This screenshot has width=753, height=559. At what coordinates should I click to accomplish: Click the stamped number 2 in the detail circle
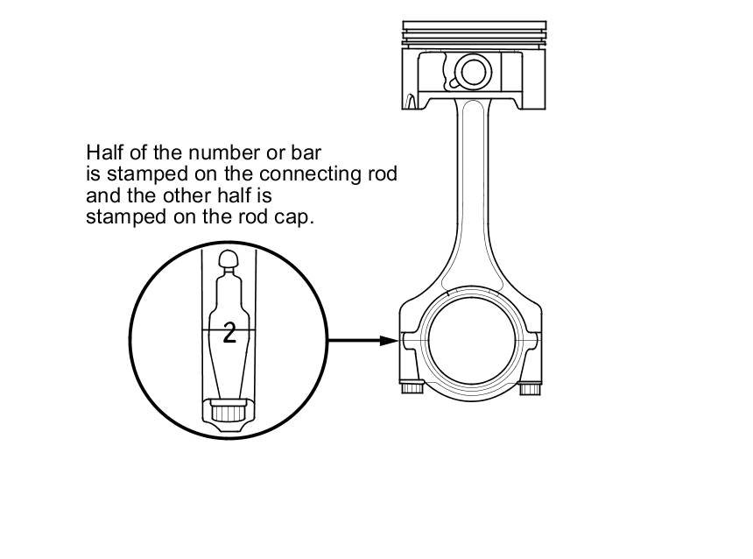coord(229,332)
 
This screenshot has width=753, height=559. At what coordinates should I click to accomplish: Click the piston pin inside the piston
coord(473,73)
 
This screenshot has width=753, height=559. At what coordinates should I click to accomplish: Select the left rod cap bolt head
coord(411,387)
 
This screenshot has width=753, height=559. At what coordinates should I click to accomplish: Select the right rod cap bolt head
coord(531,387)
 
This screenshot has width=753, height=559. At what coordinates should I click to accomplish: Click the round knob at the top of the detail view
coord(229,258)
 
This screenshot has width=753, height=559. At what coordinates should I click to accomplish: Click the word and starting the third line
coord(101,195)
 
